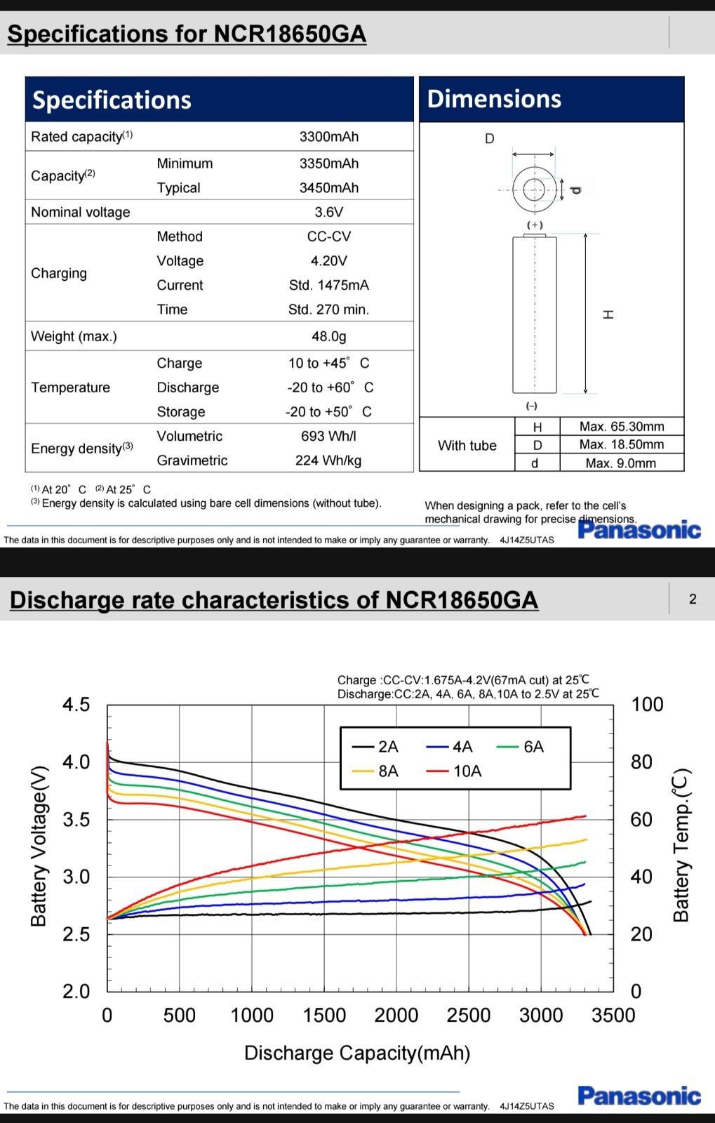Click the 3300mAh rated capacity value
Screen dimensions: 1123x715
[x=328, y=137]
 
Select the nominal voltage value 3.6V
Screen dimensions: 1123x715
[x=328, y=212]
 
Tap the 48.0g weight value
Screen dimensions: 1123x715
[x=328, y=336]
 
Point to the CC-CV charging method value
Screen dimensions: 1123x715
[x=328, y=237]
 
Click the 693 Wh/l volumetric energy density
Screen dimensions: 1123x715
[x=328, y=436]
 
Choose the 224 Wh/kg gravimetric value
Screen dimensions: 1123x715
[x=328, y=460]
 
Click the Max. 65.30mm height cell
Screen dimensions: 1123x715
[x=621, y=427]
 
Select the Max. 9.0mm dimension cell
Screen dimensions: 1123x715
[x=621, y=463]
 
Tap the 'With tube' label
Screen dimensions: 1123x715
[x=467, y=446]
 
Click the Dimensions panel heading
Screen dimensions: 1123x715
[x=494, y=99]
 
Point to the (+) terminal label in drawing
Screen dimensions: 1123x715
[x=535, y=225]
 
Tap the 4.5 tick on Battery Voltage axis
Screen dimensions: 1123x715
[x=76, y=705]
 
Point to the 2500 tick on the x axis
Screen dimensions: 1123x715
[x=468, y=1015]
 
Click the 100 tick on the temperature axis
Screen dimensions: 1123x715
[x=647, y=705]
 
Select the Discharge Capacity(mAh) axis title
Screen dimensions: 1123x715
[x=357, y=1053]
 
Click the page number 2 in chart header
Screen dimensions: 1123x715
[x=693, y=599]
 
